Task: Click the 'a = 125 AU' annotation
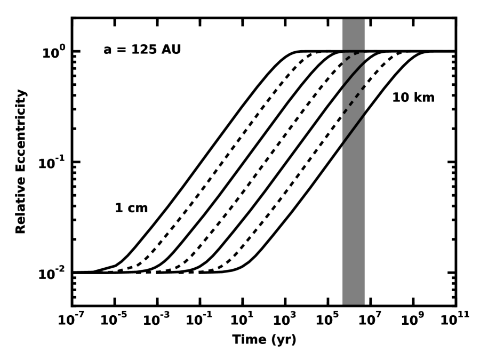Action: (x=142, y=51)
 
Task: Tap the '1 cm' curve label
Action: (x=131, y=208)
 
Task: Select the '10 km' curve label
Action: (x=413, y=98)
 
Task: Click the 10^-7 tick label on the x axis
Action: (x=71, y=319)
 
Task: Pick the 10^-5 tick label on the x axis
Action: (x=114, y=319)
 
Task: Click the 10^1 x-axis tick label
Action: (x=243, y=319)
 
